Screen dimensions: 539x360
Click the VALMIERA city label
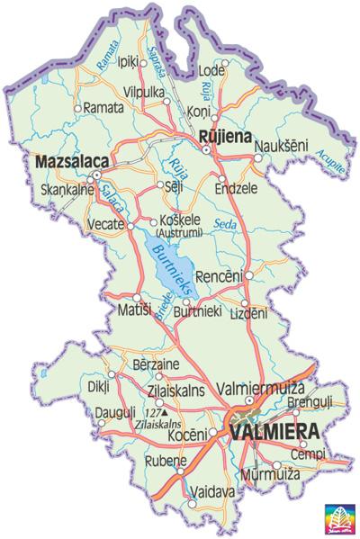(274, 432)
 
